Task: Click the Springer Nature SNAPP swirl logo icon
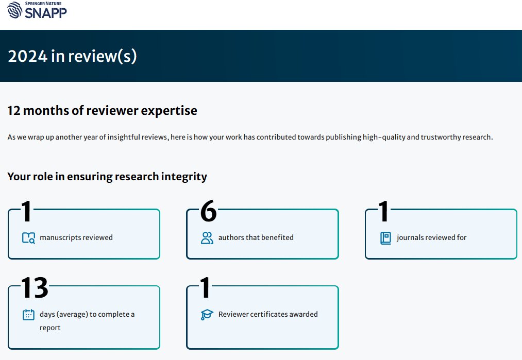click(x=14, y=10)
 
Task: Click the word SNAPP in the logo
click(x=46, y=13)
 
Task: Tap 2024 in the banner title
click(x=28, y=56)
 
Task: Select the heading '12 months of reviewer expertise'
click(x=102, y=110)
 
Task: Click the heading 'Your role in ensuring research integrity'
click(x=107, y=176)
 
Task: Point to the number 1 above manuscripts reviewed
click(x=26, y=211)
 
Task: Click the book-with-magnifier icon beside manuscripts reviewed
click(x=29, y=238)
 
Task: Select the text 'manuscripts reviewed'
click(x=76, y=237)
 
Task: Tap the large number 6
click(x=208, y=211)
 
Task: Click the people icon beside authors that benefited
click(x=207, y=238)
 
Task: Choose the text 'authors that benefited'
click(x=256, y=237)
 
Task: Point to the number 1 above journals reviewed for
click(x=383, y=211)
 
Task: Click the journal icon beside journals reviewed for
click(x=385, y=238)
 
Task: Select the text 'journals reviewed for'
click(x=431, y=237)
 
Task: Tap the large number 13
click(x=35, y=288)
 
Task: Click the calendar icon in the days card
click(x=29, y=314)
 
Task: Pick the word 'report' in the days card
click(x=50, y=328)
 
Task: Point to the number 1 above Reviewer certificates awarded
click(x=205, y=288)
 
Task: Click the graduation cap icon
click(x=207, y=314)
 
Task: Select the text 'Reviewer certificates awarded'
click(x=268, y=314)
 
